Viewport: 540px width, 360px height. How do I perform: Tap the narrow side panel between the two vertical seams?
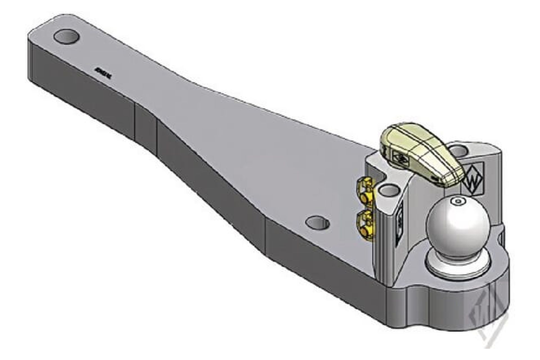pyautogui.click(x=146, y=127)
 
